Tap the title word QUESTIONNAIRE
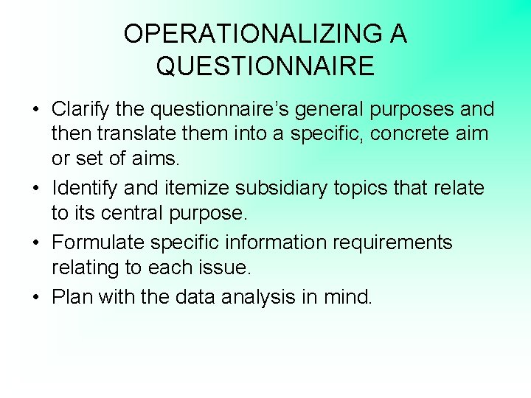(265, 66)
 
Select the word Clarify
(77, 110)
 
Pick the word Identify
(80, 188)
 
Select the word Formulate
(95, 242)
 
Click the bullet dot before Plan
(35, 297)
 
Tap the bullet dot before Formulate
(35, 243)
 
